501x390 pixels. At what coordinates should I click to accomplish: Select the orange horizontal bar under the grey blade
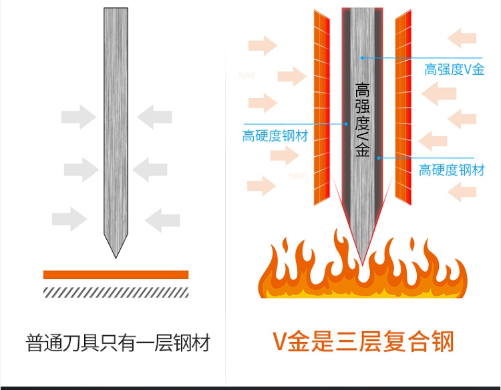click(116, 274)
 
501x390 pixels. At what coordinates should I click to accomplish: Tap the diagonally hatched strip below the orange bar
click(116, 291)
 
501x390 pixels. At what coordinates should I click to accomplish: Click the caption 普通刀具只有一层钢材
click(118, 343)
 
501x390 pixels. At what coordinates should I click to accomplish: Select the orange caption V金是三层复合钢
click(363, 341)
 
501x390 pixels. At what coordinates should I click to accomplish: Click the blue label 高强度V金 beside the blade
click(454, 69)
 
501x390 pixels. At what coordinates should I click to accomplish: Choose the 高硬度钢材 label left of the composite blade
click(275, 137)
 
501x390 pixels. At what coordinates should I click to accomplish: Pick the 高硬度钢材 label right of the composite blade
click(452, 170)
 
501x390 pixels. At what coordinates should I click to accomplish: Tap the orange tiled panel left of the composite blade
click(321, 107)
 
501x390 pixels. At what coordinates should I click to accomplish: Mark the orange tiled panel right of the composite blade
click(403, 107)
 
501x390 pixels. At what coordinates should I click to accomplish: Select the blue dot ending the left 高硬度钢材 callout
click(346, 124)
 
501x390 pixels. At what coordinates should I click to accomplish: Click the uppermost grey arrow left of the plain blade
click(78, 117)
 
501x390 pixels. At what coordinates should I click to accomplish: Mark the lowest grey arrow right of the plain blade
click(162, 218)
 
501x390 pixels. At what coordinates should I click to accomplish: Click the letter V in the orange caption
click(280, 342)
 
